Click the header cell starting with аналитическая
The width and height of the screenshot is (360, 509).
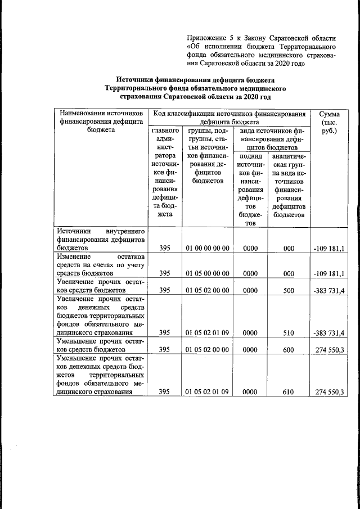click(x=289, y=185)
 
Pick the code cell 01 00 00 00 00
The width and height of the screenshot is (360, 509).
click(x=208, y=248)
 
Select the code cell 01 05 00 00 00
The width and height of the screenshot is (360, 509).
click(x=208, y=273)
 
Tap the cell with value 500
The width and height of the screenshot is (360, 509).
click(x=289, y=290)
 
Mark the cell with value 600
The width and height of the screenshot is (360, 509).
click(x=289, y=349)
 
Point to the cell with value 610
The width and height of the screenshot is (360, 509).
click(x=289, y=392)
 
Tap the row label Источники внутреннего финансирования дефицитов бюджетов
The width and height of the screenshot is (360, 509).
click(x=101, y=239)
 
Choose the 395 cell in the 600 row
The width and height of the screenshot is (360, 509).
click(x=164, y=349)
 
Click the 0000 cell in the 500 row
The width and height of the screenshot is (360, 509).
click(x=250, y=290)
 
